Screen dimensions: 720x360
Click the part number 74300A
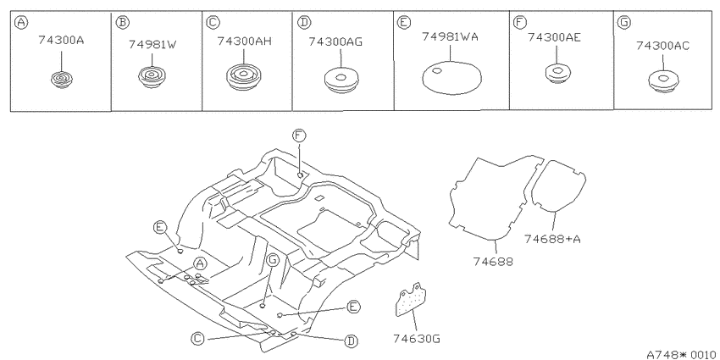(61, 41)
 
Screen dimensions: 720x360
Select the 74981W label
(152, 45)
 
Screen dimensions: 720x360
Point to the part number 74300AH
(244, 42)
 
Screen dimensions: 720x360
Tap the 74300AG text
(335, 42)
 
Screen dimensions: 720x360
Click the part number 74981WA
(450, 36)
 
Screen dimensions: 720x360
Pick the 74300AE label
(554, 37)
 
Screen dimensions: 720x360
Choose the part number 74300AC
(662, 46)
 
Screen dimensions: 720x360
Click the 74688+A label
(552, 239)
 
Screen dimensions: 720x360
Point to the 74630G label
(417, 339)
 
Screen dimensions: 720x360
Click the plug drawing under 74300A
(61, 80)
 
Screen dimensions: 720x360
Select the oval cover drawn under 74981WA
(451, 77)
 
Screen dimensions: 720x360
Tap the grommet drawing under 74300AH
(244, 76)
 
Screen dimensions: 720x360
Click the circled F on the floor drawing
(299, 136)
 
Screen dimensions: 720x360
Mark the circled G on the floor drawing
(272, 261)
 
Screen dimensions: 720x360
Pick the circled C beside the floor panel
(197, 339)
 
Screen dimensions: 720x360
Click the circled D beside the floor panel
(352, 341)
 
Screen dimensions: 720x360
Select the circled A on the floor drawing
(199, 263)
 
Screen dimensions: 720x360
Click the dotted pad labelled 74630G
(411, 300)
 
